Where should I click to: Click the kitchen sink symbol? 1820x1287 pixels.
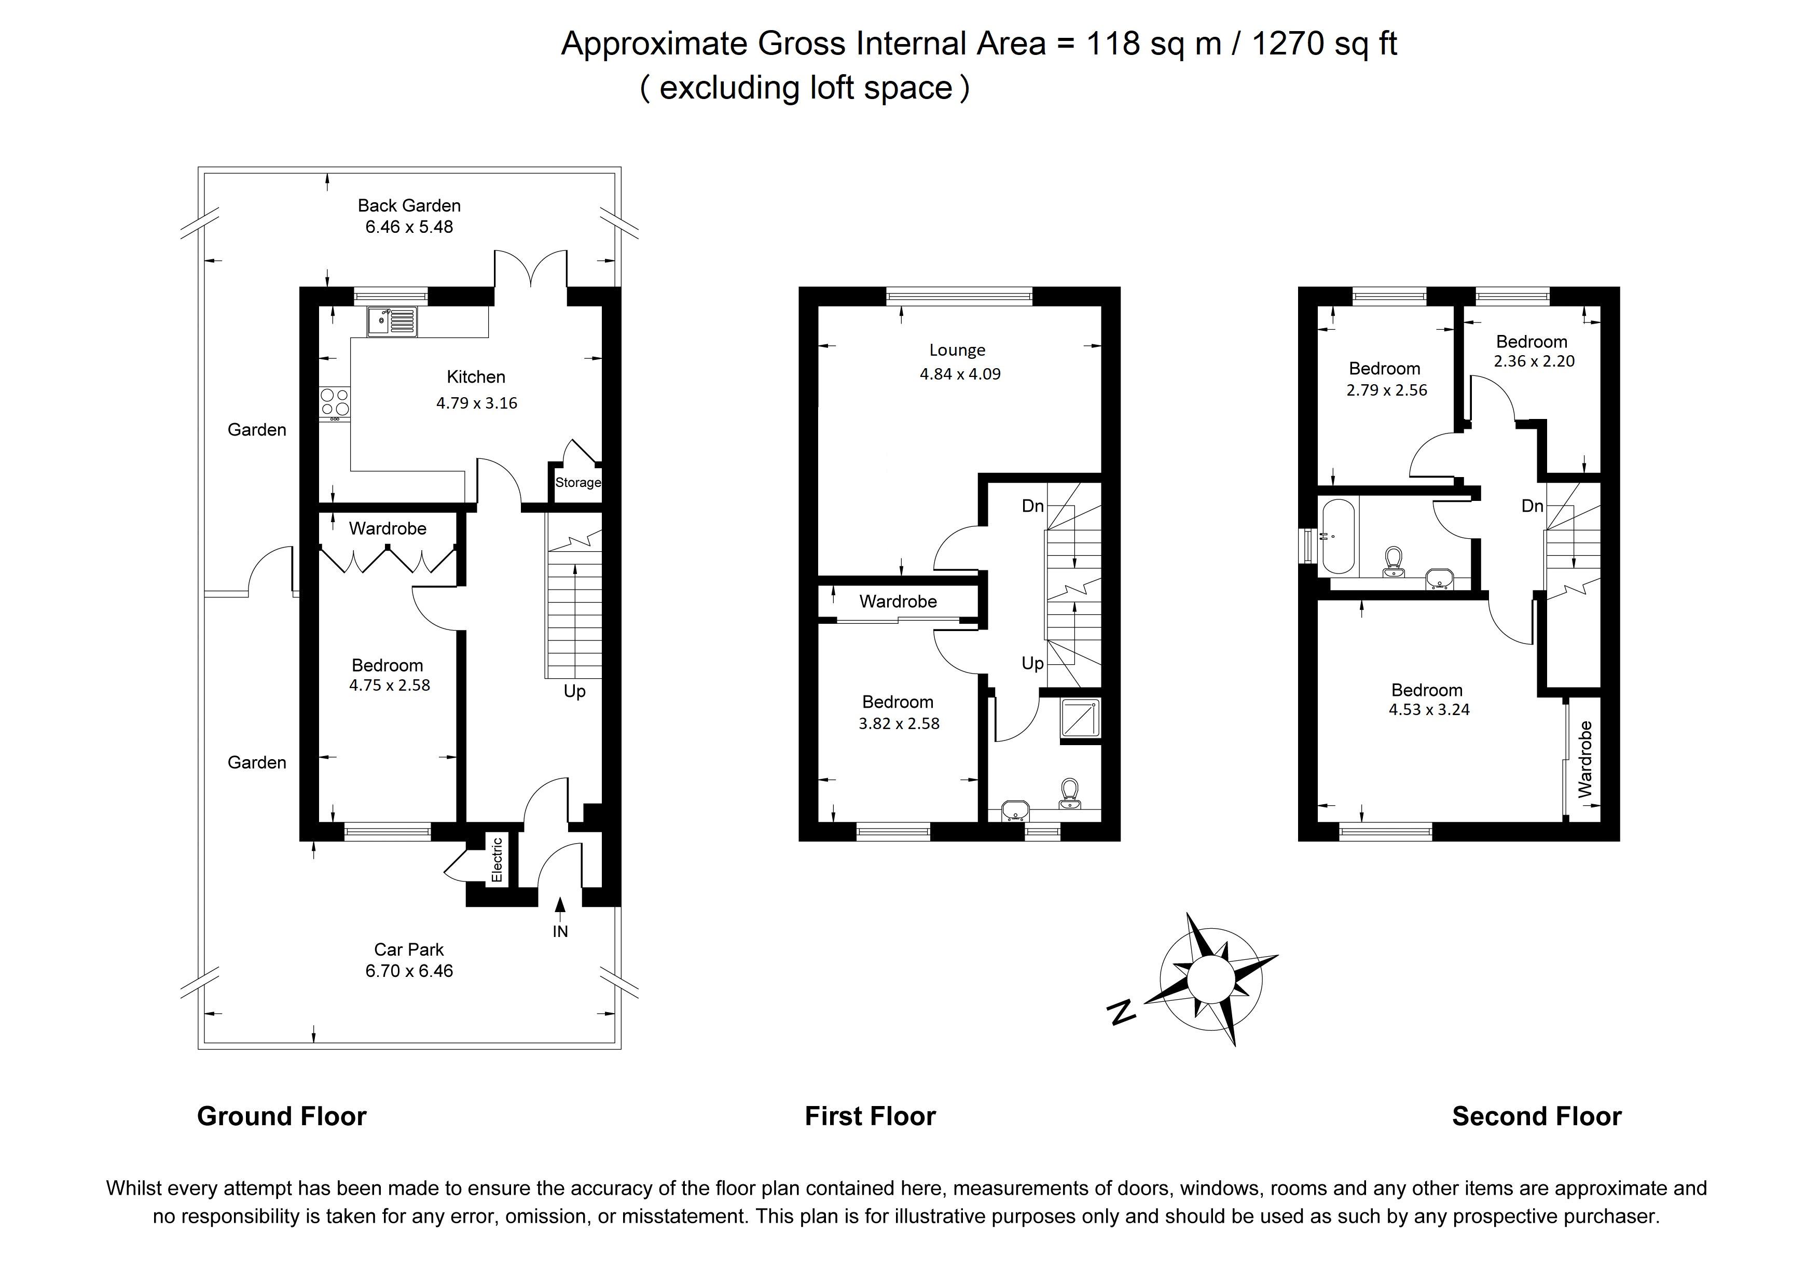[392, 321]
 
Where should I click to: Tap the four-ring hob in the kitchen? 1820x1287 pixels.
[335, 404]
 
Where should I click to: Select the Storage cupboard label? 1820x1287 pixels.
[578, 483]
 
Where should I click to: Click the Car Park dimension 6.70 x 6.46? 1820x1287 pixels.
[409, 971]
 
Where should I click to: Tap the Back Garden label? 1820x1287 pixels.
[409, 205]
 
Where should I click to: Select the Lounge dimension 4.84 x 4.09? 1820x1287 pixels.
[960, 374]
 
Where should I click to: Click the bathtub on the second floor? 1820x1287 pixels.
[1339, 536]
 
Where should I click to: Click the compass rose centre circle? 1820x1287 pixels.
[1210, 980]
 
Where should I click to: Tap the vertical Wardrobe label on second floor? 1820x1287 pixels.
[1584, 759]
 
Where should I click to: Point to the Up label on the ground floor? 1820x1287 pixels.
[575, 692]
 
